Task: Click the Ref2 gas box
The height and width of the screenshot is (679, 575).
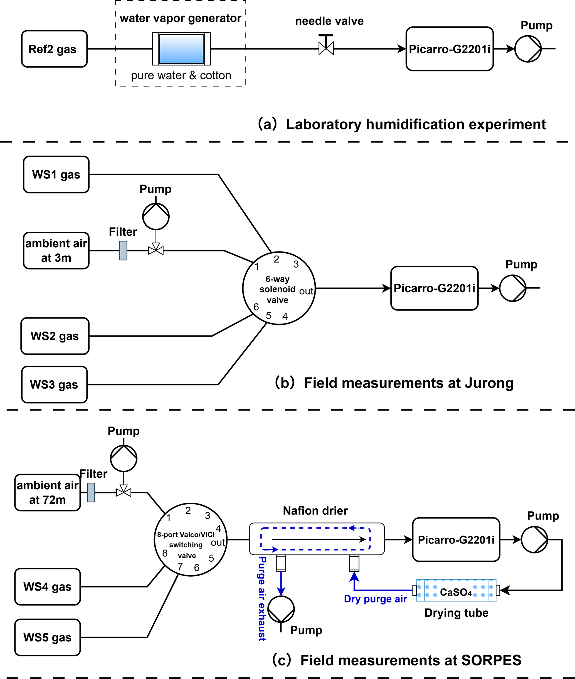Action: (x=54, y=49)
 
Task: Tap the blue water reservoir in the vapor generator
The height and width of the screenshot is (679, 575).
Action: (x=181, y=49)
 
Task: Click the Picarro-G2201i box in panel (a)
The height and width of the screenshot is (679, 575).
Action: (x=450, y=49)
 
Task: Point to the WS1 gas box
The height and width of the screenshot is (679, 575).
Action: (x=56, y=174)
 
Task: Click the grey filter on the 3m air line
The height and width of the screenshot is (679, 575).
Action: (x=123, y=250)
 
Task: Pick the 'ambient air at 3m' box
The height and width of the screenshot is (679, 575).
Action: (x=56, y=250)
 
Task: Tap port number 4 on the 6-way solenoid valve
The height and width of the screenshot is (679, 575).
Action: (x=285, y=316)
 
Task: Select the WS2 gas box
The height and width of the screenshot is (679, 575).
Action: (x=55, y=336)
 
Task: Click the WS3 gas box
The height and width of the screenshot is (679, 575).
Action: (x=54, y=384)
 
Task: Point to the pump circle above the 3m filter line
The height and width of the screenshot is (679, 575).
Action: (x=156, y=216)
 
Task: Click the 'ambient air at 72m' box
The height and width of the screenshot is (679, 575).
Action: (x=48, y=492)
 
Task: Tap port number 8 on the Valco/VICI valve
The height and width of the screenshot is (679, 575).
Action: (x=165, y=553)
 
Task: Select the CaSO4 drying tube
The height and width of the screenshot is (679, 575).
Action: (x=456, y=590)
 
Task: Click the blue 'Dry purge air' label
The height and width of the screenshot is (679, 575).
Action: (x=375, y=599)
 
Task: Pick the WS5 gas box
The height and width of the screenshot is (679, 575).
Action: (x=48, y=637)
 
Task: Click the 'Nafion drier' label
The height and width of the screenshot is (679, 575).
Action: (x=315, y=510)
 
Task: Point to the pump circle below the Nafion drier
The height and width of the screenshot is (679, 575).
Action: (x=281, y=609)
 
